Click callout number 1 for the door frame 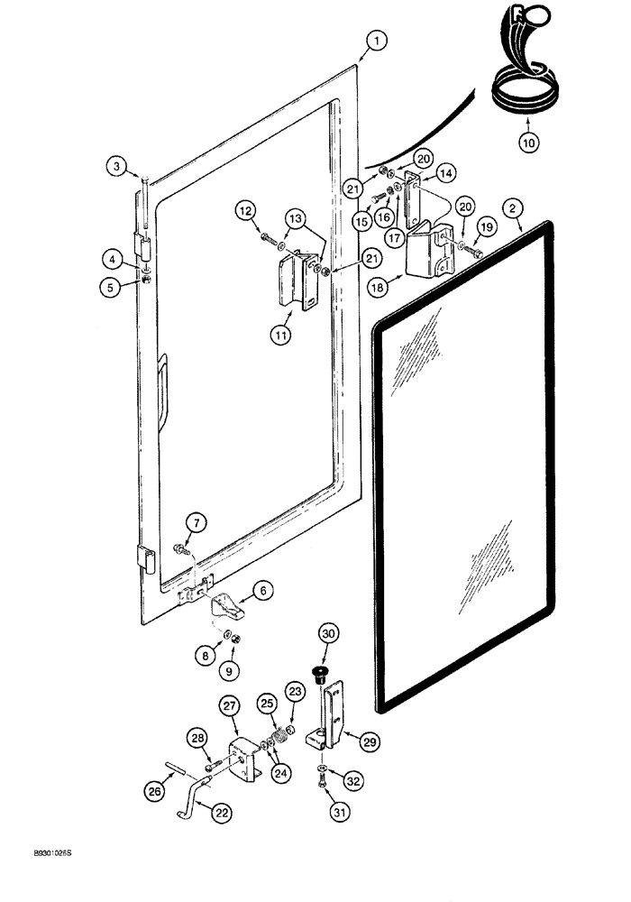coord(376,40)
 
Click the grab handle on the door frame coord(163,388)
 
